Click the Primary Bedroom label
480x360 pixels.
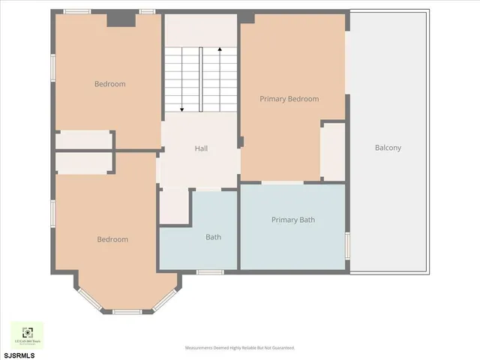[x=289, y=99]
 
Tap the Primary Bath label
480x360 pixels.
[x=292, y=220]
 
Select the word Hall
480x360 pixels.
[x=201, y=148]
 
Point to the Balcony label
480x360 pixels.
[x=388, y=148]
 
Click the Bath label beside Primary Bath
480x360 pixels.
[x=213, y=237]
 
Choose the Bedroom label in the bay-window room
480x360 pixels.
[x=112, y=239]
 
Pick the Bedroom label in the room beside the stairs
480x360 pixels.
[x=109, y=84]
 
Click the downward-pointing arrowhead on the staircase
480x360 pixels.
[x=182, y=109]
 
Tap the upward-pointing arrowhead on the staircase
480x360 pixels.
[x=220, y=49]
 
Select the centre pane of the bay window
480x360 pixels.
[x=127, y=311]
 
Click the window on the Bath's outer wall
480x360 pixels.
[x=209, y=271]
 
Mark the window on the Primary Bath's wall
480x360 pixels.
[x=347, y=245]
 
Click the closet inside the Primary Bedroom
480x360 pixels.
[x=332, y=151]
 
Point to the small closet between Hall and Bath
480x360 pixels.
[x=174, y=206]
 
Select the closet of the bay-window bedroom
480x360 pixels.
[x=82, y=163]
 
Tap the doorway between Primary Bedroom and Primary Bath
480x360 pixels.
[x=282, y=182]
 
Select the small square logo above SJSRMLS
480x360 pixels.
[x=26, y=334]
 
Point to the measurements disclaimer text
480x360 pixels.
[x=240, y=348]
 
